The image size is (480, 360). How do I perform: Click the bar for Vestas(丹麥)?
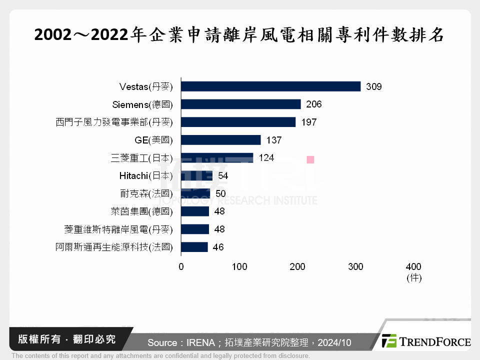coord(270,86)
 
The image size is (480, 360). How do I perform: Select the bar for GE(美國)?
coord(220,140)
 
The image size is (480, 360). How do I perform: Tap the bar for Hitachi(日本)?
coord(196,176)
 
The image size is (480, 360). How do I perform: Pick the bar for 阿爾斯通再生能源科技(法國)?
coord(194,247)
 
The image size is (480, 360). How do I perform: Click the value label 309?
coord(373,87)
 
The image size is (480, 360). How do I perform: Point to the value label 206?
coord(313,104)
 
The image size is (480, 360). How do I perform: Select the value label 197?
coord(308,122)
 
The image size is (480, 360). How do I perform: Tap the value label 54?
coord(223,176)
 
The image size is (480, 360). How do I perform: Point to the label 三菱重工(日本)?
coord(141,158)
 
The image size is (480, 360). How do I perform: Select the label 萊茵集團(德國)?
coord(141,211)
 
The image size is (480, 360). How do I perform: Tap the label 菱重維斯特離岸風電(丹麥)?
coord(118,229)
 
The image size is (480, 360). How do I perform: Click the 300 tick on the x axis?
coord(355,266)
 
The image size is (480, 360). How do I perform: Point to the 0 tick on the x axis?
coord(181,266)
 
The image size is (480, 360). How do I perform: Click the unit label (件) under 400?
coord(413,278)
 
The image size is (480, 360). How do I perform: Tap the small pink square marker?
coord(310,159)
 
